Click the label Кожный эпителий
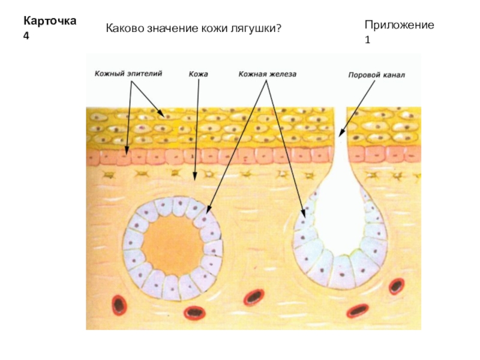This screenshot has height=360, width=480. coord(128,74)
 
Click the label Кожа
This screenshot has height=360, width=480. coord(198,74)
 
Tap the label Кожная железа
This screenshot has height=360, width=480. coord(268,74)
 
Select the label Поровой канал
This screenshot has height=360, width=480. coord(377,76)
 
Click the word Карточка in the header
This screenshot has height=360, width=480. coord(49,21)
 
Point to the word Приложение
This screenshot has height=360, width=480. coord(399,25)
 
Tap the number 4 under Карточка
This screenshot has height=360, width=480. coord(26,35)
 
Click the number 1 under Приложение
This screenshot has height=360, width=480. coord(367,40)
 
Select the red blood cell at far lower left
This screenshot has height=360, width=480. coord(119,304)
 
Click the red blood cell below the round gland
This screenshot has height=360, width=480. coord(194,312)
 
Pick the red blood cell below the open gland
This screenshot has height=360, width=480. coord(358,311)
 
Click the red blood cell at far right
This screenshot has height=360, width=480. coord(395,286)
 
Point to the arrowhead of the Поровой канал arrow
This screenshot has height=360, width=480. coord(340,134)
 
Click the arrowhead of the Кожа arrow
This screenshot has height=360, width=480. coord(194,178)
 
